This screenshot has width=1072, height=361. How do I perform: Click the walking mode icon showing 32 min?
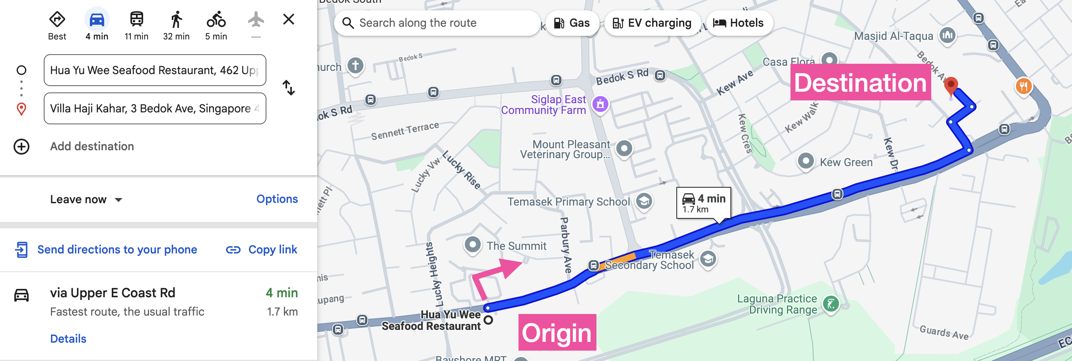(176, 20)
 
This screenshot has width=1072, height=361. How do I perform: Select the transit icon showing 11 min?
(136, 20)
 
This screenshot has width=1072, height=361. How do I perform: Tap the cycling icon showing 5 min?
(216, 20)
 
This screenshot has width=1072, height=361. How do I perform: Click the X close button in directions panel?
(288, 19)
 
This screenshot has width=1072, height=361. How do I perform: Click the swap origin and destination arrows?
(288, 88)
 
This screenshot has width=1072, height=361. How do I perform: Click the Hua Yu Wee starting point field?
(154, 70)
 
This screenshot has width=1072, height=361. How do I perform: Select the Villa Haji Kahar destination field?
(154, 108)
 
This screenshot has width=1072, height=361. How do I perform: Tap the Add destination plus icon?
(21, 146)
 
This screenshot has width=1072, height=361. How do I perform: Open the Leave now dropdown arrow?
(118, 200)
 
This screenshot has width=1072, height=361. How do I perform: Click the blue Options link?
(277, 199)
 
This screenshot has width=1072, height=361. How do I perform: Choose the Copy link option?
(262, 249)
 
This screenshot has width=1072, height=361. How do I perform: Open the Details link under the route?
(68, 339)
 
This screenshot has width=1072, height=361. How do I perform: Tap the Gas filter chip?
(572, 23)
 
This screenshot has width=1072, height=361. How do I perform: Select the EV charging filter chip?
(652, 23)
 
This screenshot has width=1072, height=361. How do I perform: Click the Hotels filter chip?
(739, 23)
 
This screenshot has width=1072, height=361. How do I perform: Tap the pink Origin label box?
(557, 332)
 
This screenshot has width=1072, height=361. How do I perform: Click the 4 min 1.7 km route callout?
(703, 203)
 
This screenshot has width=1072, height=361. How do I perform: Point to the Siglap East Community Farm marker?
(600, 104)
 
